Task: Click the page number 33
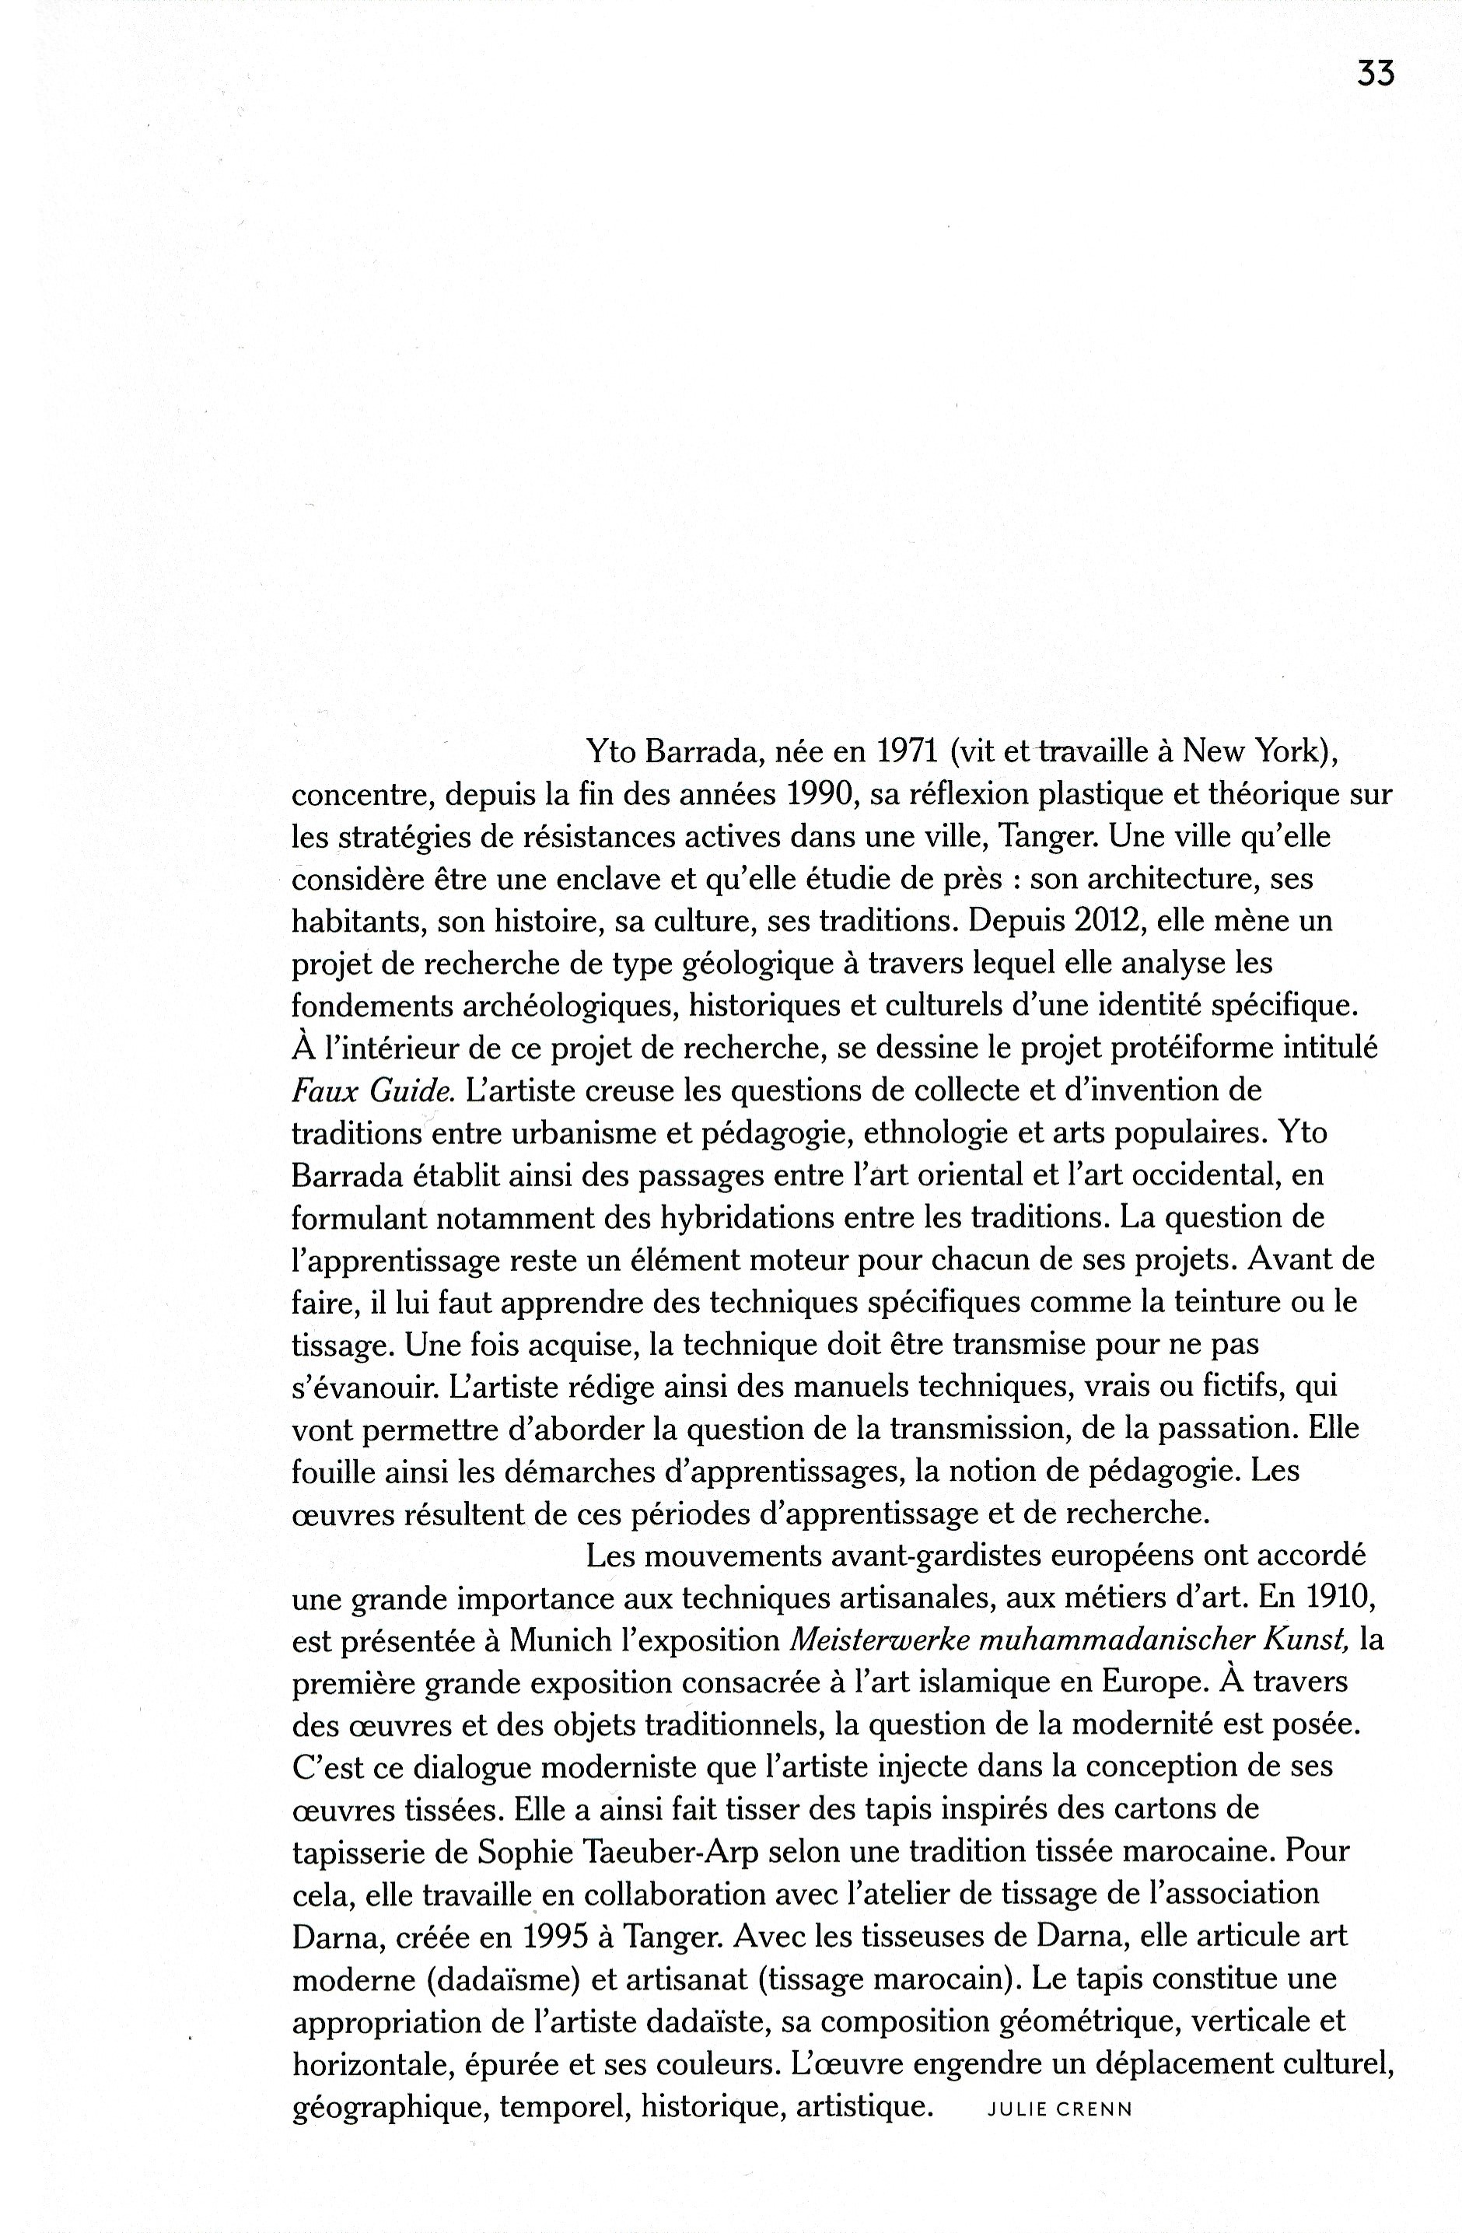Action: tap(1375, 73)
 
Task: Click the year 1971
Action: tap(908, 751)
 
